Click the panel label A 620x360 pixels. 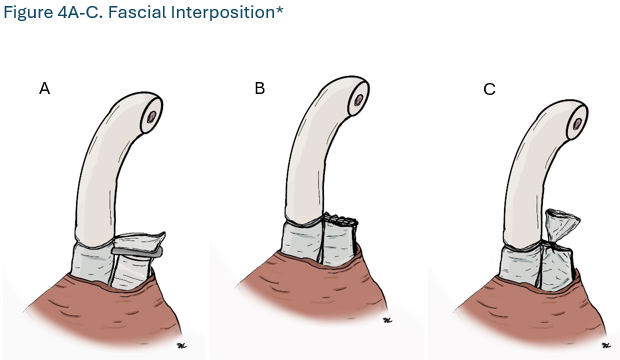tap(44, 89)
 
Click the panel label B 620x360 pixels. tap(259, 89)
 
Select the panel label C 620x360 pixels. tap(489, 89)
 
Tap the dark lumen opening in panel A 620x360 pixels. tap(151, 117)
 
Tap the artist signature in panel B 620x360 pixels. tap(385, 322)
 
